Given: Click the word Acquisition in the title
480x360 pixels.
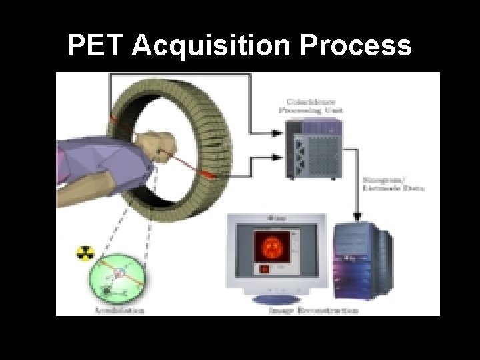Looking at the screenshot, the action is coord(211,46).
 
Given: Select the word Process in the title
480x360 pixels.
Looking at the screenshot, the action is coord(357,46).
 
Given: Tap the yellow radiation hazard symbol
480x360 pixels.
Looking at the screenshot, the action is coord(86,253).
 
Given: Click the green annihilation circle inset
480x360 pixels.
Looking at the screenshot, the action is coord(119,275).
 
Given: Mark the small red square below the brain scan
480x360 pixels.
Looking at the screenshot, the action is coord(264,269).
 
